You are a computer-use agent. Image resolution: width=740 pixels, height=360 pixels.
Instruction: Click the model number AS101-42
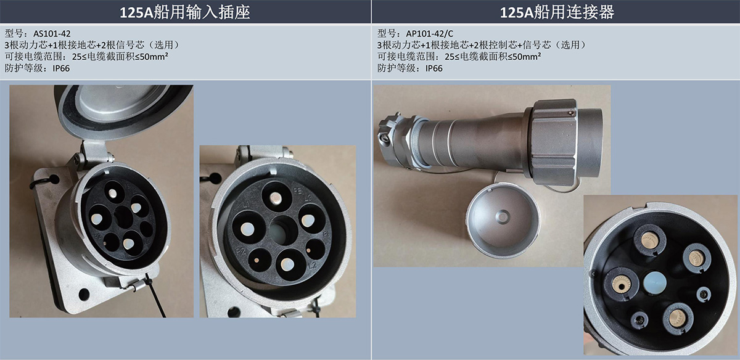click(x=52, y=34)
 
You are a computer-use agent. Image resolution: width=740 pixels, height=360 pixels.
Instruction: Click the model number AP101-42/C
click(x=429, y=34)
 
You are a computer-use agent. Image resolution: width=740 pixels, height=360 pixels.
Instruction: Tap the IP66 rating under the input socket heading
click(x=61, y=68)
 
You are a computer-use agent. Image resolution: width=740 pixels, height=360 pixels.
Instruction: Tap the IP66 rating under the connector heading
click(x=434, y=68)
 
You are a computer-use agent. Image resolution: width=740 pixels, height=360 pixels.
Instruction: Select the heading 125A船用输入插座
click(x=184, y=12)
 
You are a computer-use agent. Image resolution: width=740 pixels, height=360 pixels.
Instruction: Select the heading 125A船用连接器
click(x=557, y=12)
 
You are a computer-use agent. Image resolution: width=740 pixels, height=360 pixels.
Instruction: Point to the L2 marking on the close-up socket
click(x=313, y=265)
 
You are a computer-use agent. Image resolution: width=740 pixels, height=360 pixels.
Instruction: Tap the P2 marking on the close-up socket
click(x=241, y=251)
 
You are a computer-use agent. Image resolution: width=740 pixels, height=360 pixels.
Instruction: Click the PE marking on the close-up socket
click(x=298, y=191)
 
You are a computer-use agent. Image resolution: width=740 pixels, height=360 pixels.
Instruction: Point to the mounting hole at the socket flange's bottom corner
click(x=84, y=294)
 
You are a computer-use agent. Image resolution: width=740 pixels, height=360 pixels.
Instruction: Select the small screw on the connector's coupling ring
click(x=571, y=113)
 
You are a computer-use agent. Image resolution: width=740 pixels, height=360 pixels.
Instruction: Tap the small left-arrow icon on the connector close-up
click(x=593, y=274)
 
